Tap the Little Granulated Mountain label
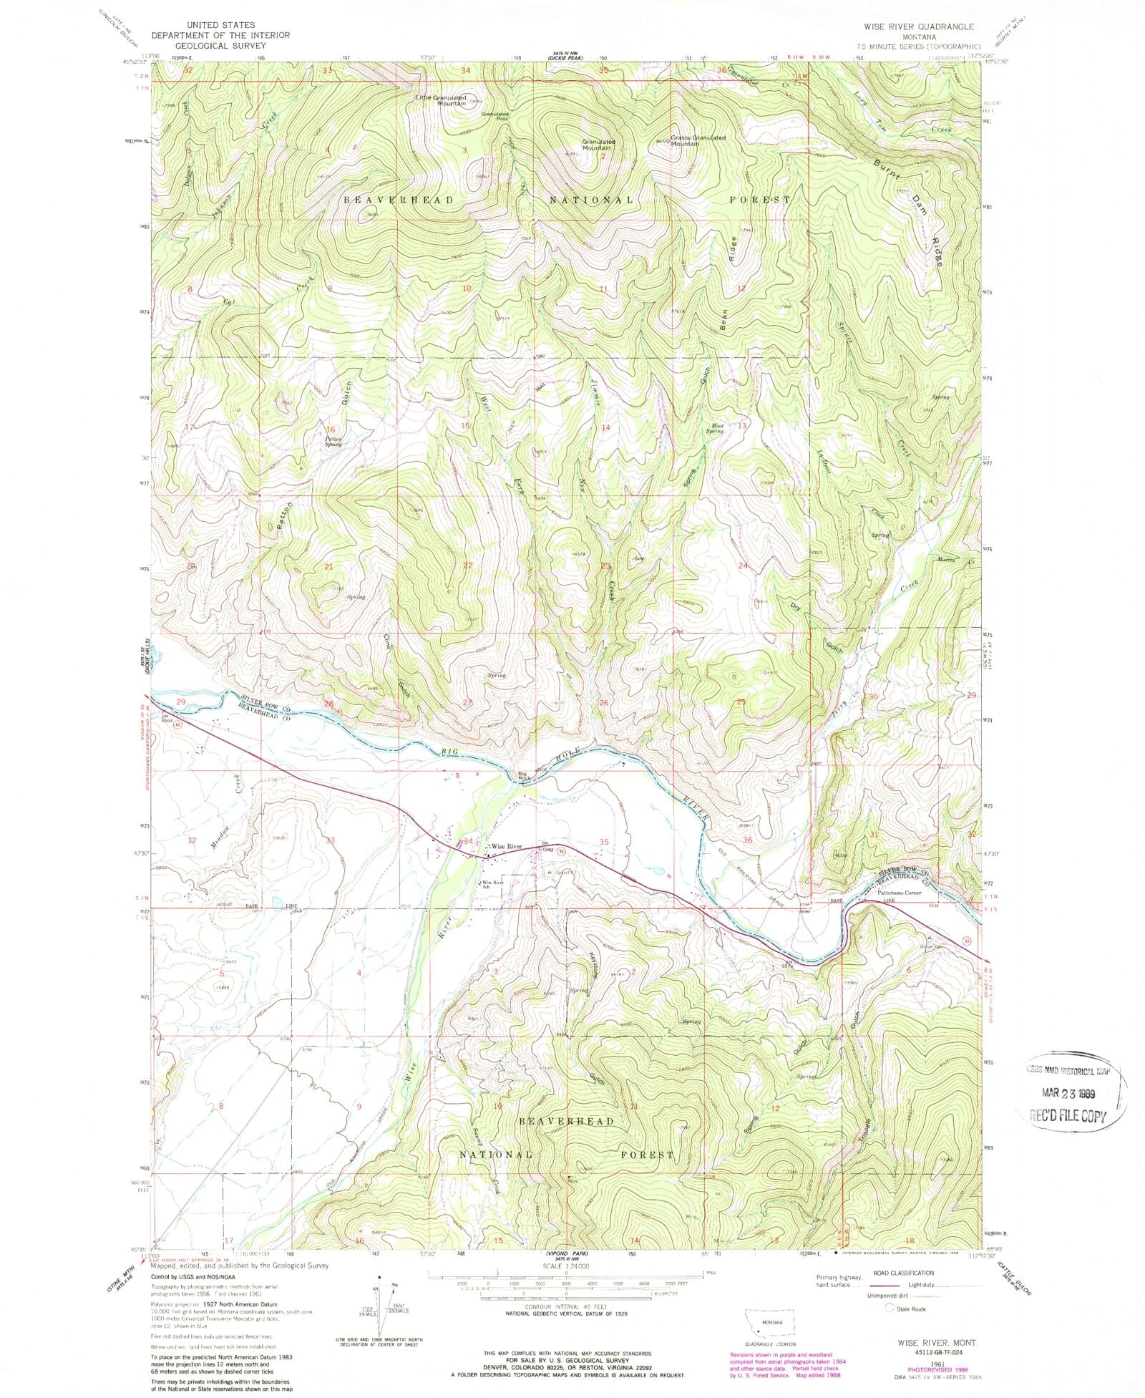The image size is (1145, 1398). pos(442,101)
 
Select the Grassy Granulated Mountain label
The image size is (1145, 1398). pos(698,140)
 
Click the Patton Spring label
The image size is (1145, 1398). pos(333,442)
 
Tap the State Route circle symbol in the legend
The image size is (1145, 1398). pos(890,1308)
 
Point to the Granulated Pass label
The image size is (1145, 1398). pos(494,115)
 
